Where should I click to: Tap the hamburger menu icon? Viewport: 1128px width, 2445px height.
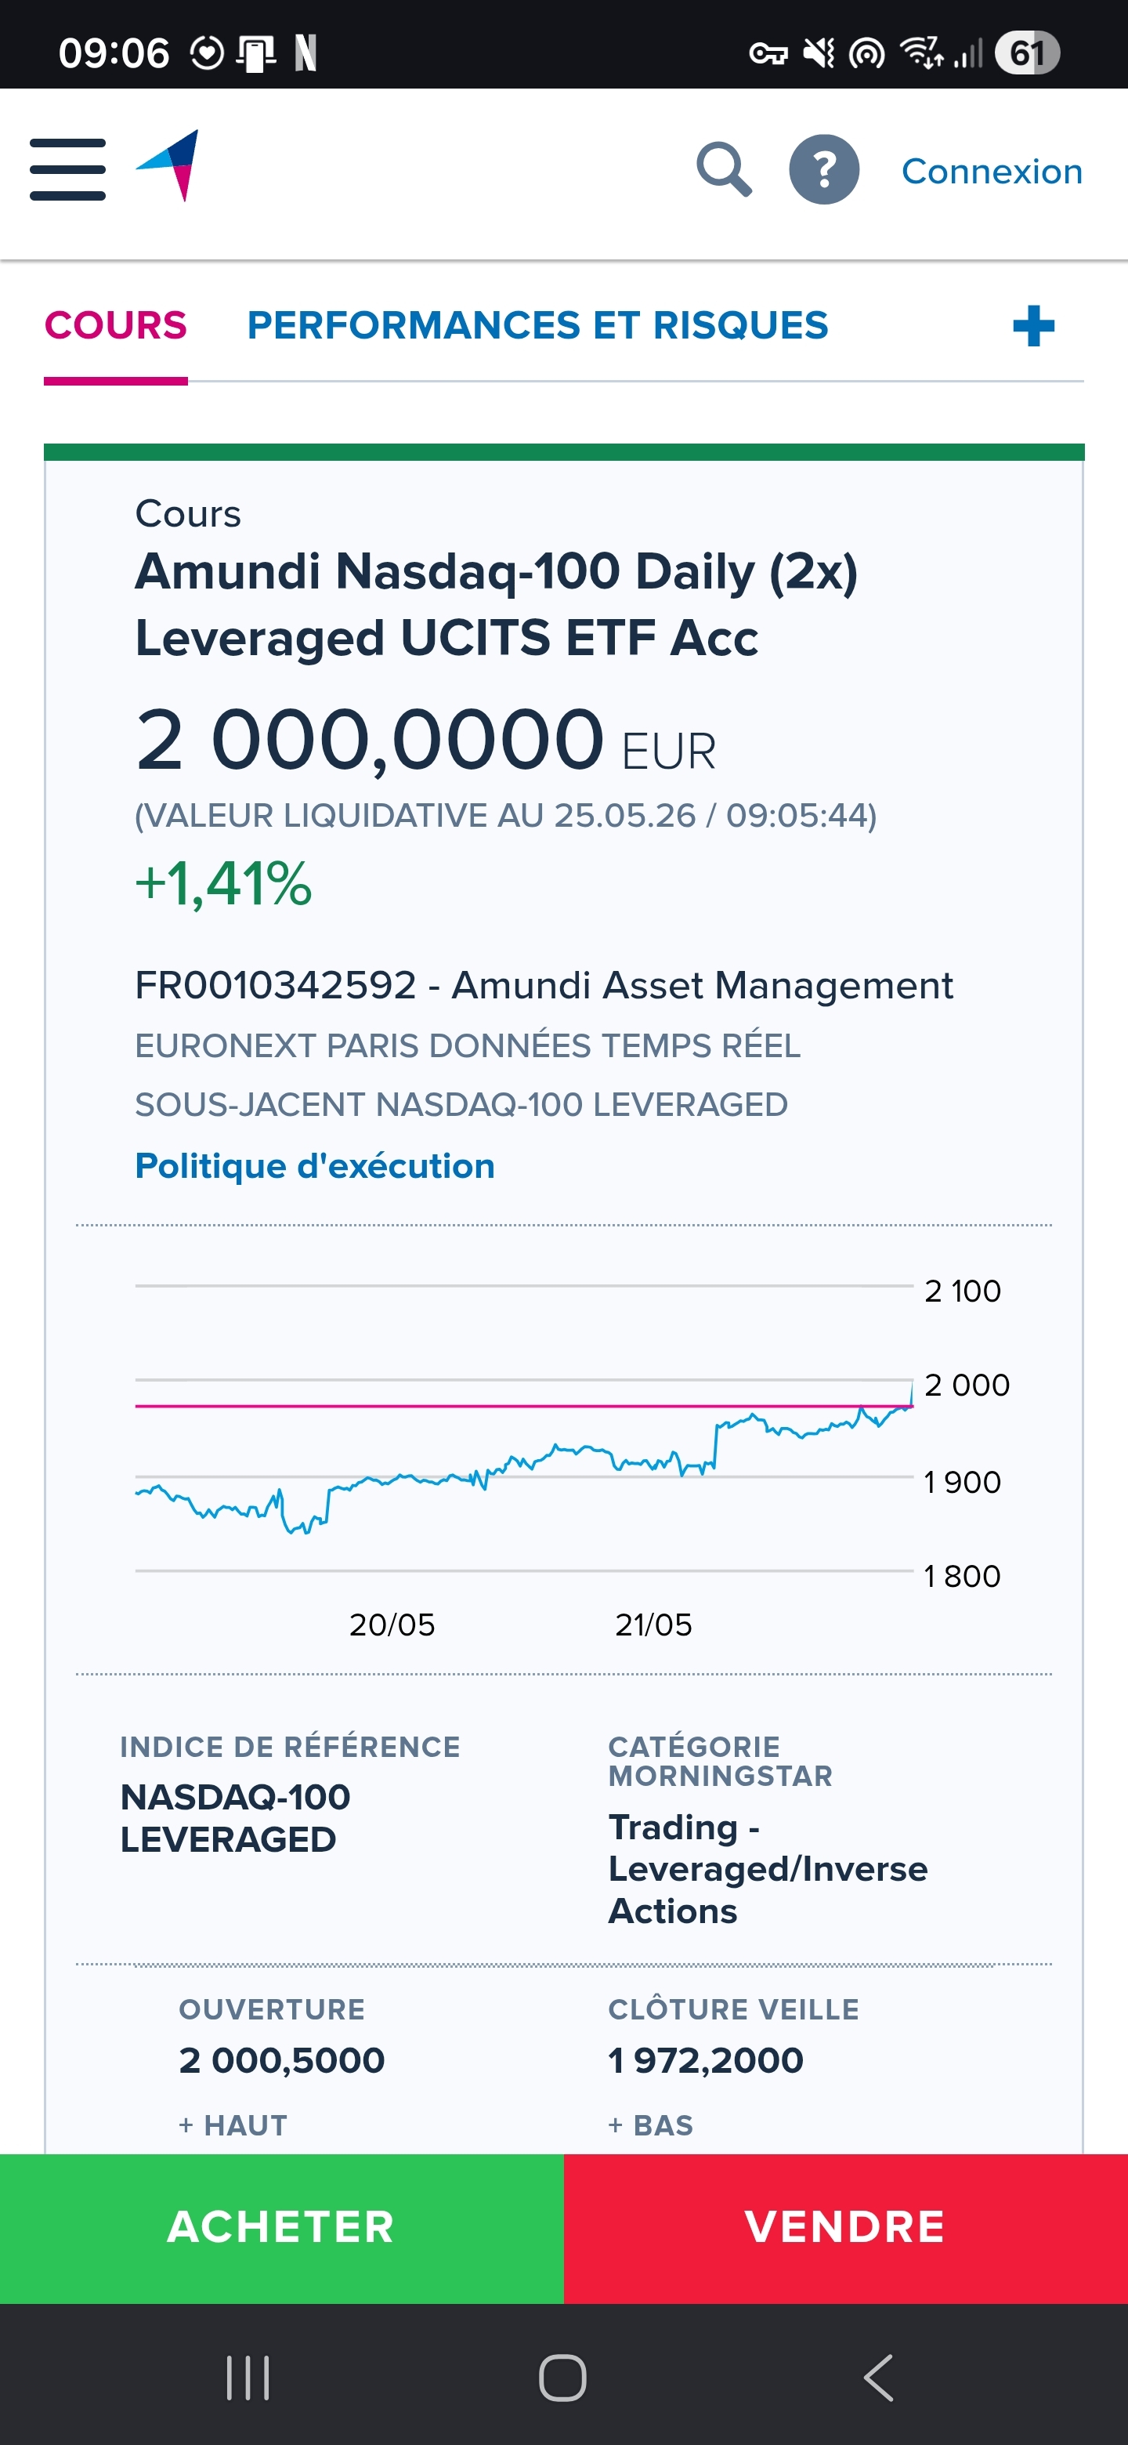coord(67,170)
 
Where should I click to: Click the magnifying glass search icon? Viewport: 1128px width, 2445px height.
coord(724,170)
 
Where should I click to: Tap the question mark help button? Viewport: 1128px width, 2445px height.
coord(823,170)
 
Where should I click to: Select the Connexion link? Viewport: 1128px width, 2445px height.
coord(992,171)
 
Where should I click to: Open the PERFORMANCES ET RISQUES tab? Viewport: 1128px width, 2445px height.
coord(537,325)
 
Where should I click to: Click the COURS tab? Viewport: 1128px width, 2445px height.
coord(116,325)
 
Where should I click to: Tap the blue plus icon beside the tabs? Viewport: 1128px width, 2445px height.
coord(1033,327)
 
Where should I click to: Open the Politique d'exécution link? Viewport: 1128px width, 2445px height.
coord(315,1165)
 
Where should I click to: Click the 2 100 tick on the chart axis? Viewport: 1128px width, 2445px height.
coord(962,1291)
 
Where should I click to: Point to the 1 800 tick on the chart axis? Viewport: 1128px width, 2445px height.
coord(962,1576)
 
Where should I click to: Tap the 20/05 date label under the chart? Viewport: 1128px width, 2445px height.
coord(392,1625)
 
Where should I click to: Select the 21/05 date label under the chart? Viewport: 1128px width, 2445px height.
coord(653,1625)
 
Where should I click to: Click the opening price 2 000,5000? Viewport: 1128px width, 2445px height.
coord(282,2060)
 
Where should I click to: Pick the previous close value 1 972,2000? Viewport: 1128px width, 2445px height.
coord(706,2060)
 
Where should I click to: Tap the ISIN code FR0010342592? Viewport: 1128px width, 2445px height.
coord(276,985)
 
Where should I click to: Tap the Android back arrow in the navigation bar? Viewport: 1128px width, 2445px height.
coord(878,2378)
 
